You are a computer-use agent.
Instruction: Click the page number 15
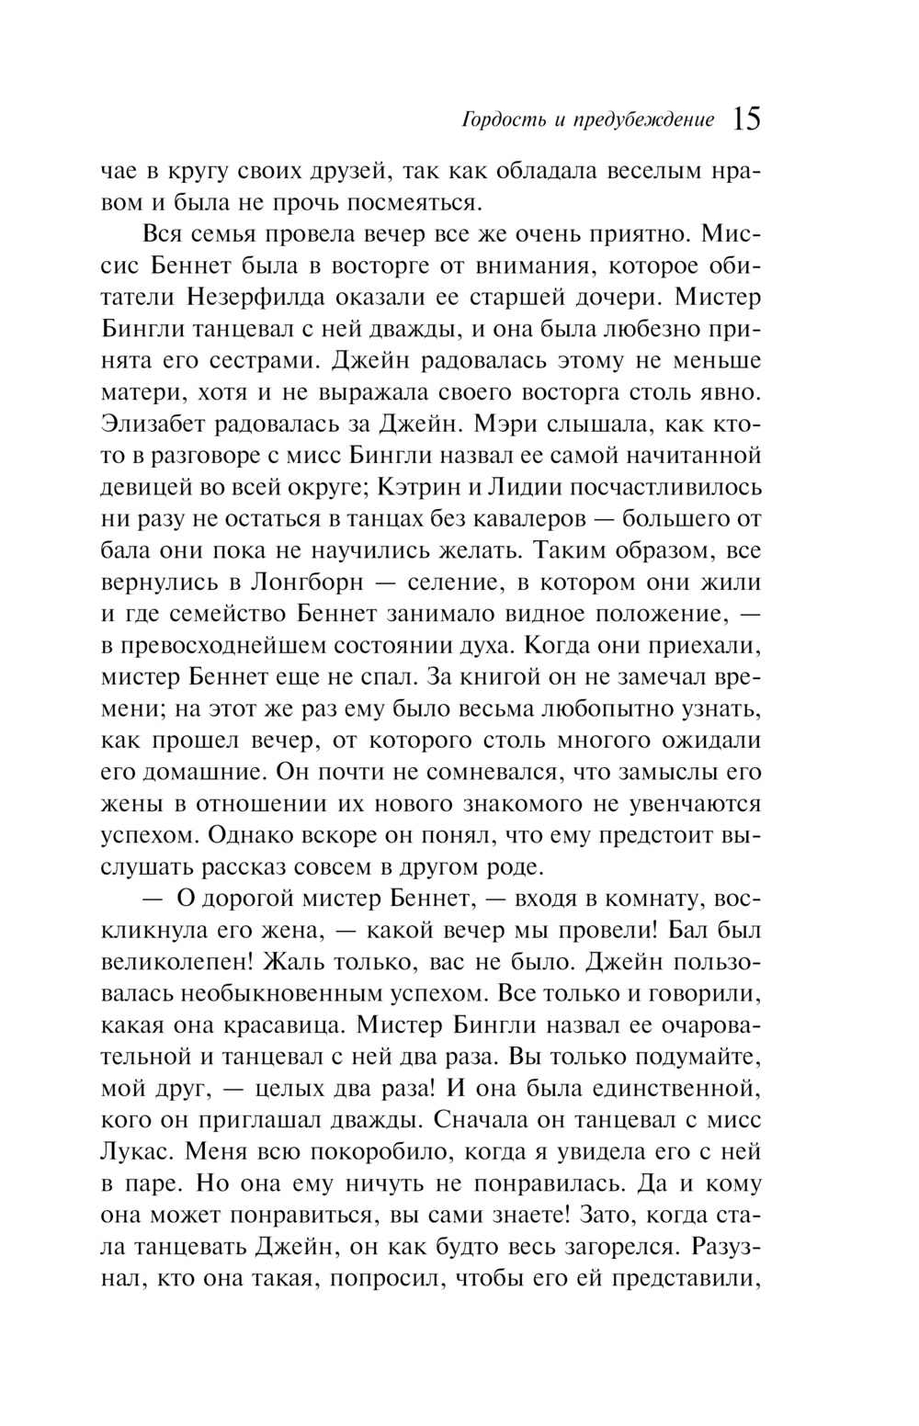746,119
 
